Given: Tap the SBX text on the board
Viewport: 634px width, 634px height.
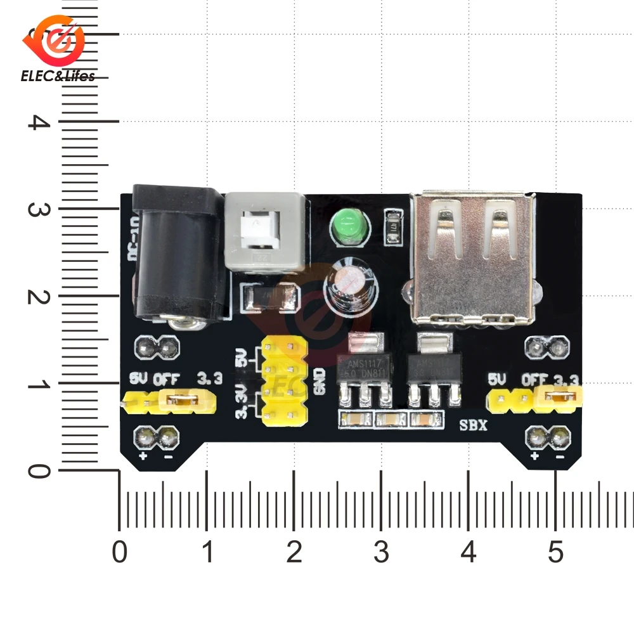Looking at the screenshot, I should pyautogui.click(x=473, y=425).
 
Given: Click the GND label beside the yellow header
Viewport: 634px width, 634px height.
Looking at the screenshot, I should pyautogui.click(x=320, y=381).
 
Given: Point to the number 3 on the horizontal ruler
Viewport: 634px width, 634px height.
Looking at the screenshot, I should pyautogui.click(x=381, y=553).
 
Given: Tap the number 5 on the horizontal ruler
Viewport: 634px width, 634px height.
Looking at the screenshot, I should pyautogui.click(x=555, y=553).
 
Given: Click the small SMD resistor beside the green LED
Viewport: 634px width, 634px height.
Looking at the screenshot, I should pyautogui.click(x=394, y=228).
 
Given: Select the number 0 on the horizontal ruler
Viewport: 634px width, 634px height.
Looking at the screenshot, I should pyautogui.click(x=119, y=553).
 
